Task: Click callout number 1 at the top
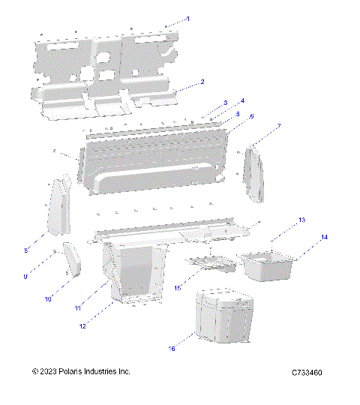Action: (x=188, y=18)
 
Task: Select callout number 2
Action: (x=202, y=81)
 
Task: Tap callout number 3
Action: (x=225, y=103)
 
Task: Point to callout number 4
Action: (x=241, y=100)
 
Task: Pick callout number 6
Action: (x=252, y=116)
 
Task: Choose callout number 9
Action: (x=25, y=277)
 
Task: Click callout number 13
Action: (x=301, y=220)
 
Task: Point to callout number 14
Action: (x=324, y=237)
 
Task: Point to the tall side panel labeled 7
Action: (x=254, y=175)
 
